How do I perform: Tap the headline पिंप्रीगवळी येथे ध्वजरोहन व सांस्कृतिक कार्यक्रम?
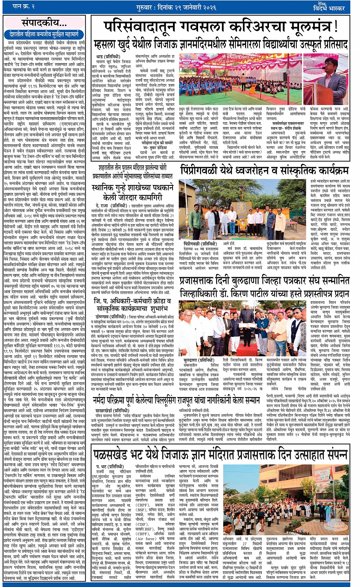point(264,170)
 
